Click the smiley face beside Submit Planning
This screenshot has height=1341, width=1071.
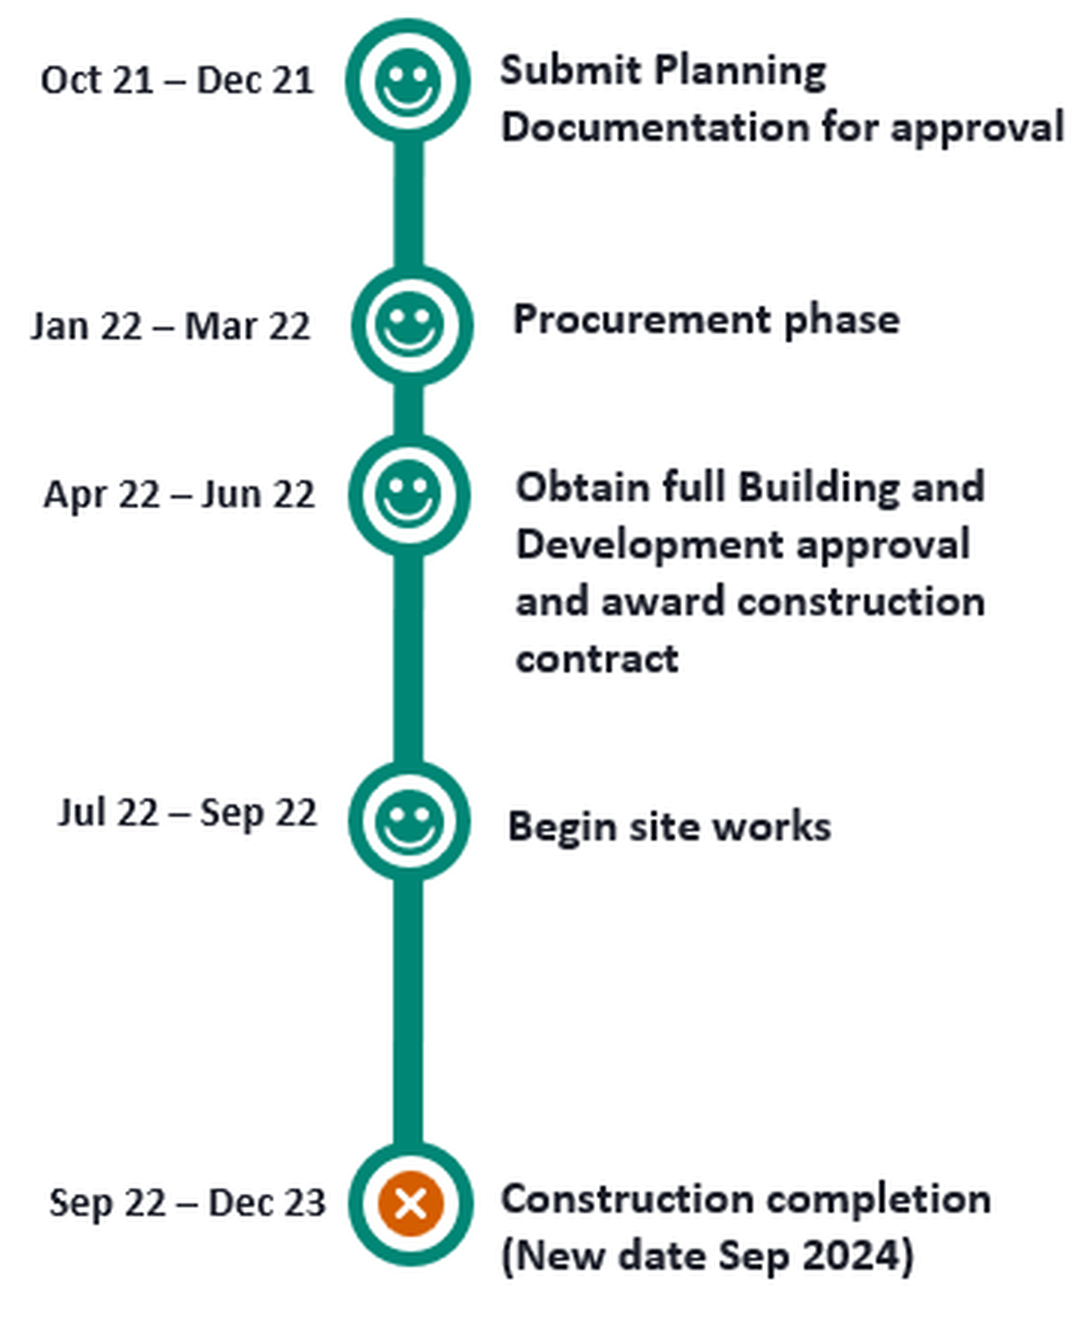tap(407, 81)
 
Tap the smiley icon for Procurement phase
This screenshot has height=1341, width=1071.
tap(409, 325)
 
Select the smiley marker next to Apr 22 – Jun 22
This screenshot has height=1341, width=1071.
tap(408, 494)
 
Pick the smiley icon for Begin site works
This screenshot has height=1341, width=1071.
tap(408, 821)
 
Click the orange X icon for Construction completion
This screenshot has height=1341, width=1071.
tap(411, 1203)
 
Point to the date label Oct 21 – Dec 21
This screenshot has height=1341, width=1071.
tap(177, 80)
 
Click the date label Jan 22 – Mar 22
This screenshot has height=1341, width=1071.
tap(170, 326)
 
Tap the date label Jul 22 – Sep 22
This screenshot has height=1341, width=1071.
tap(187, 813)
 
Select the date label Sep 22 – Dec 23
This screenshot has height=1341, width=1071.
tap(187, 1203)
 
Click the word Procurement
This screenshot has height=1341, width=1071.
tap(642, 321)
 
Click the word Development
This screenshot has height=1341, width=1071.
tap(650, 547)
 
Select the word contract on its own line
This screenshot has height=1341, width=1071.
tap(597, 660)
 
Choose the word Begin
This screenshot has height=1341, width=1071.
tap(562, 829)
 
